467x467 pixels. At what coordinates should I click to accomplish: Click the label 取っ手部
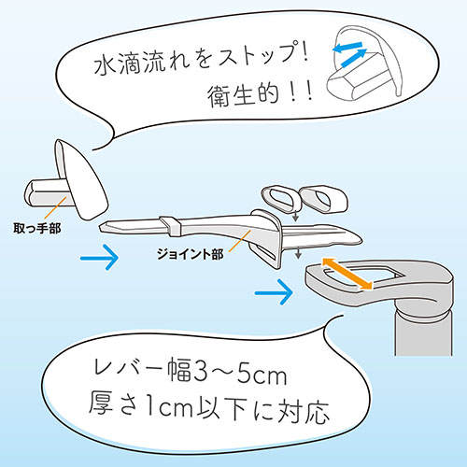click(x=37, y=229)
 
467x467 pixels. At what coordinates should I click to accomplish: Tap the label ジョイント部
click(x=190, y=254)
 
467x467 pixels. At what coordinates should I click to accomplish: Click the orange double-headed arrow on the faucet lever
click(x=347, y=274)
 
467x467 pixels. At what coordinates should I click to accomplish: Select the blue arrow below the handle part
click(x=100, y=258)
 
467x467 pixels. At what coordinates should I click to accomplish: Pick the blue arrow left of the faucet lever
click(x=274, y=292)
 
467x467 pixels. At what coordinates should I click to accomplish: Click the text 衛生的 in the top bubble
click(x=243, y=95)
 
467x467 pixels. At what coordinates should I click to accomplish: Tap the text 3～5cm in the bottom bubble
click(x=240, y=374)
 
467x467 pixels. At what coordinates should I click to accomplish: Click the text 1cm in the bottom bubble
click(x=165, y=408)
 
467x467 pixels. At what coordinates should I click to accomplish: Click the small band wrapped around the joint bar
click(x=171, y=225)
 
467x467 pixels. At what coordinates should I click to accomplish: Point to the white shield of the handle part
click(x=81, y=180)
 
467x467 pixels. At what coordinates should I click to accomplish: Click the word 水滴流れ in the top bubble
click(x=142, y=64)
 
